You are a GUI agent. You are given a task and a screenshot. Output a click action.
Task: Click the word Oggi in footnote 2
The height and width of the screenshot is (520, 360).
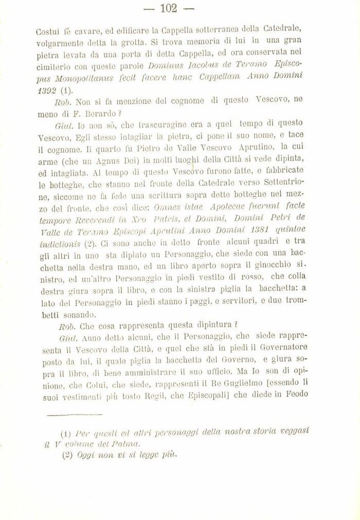tap(86, 455)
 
